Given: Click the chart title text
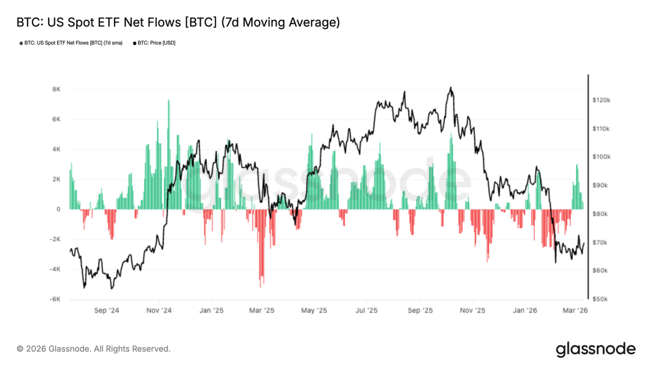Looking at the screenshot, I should pyautogui.click(x=178, y=22).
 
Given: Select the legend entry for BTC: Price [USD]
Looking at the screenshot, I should pyautogui.click(x=154, y=43).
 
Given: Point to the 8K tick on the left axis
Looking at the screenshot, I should pyautogui.click(x=56, y=90).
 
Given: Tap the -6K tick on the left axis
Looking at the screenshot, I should pyautogui.click(x=54, y=299).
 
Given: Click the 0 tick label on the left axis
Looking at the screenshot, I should pyautogui.click(x=58, y=209).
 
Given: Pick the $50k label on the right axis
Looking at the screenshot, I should pyautogui.click(x=601, y=299).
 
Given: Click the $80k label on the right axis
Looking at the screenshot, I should pyautogui.click(x=601, y=214).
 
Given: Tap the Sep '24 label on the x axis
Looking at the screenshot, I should pyautogui.click(x=107, y=311).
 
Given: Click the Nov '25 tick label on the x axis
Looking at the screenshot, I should pyautogui.click(x=473, y=311).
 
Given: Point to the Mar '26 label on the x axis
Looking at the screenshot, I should pyautogui.click(x=575, y=311).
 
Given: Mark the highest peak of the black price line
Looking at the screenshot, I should pyautogui.click(x=450, y=88).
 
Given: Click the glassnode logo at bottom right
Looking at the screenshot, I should pyautogui.click(x=595, y=349).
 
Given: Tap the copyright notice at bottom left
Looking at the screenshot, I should pyautogui.click(x=93, y=349).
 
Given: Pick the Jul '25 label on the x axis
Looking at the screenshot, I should pyautogui.click(x=366, y=311).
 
